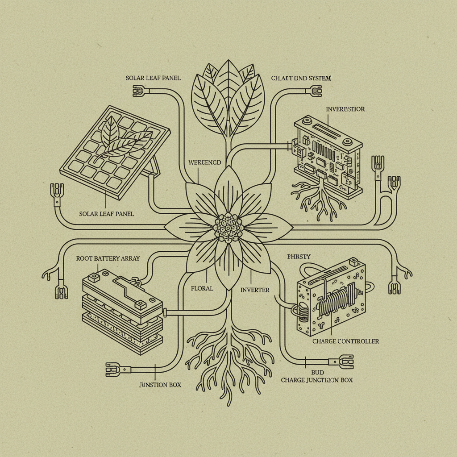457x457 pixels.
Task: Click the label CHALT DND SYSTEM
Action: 301,78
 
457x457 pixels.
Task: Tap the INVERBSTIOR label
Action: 345,109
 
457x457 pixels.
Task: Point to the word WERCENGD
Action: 205,163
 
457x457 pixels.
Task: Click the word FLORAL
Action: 202,288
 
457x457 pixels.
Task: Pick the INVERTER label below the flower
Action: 255,290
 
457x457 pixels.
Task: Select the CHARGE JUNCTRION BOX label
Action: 316,380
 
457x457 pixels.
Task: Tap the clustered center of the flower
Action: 228,228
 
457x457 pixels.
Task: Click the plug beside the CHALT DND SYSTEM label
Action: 315,91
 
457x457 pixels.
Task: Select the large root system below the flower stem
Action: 228,353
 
